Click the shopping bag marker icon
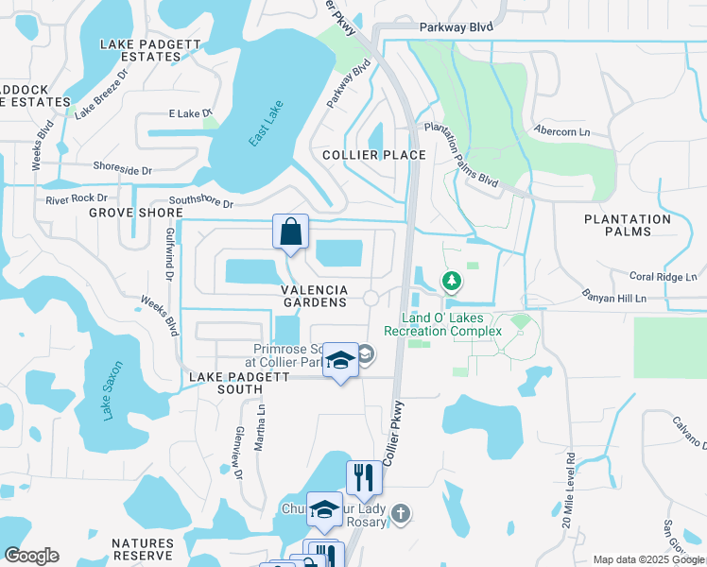point(290,232)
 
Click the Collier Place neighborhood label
point(373,155)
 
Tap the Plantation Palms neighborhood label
point(627,225)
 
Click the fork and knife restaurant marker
point(364,478)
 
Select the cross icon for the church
point(401,514)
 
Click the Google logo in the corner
point(31,556)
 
